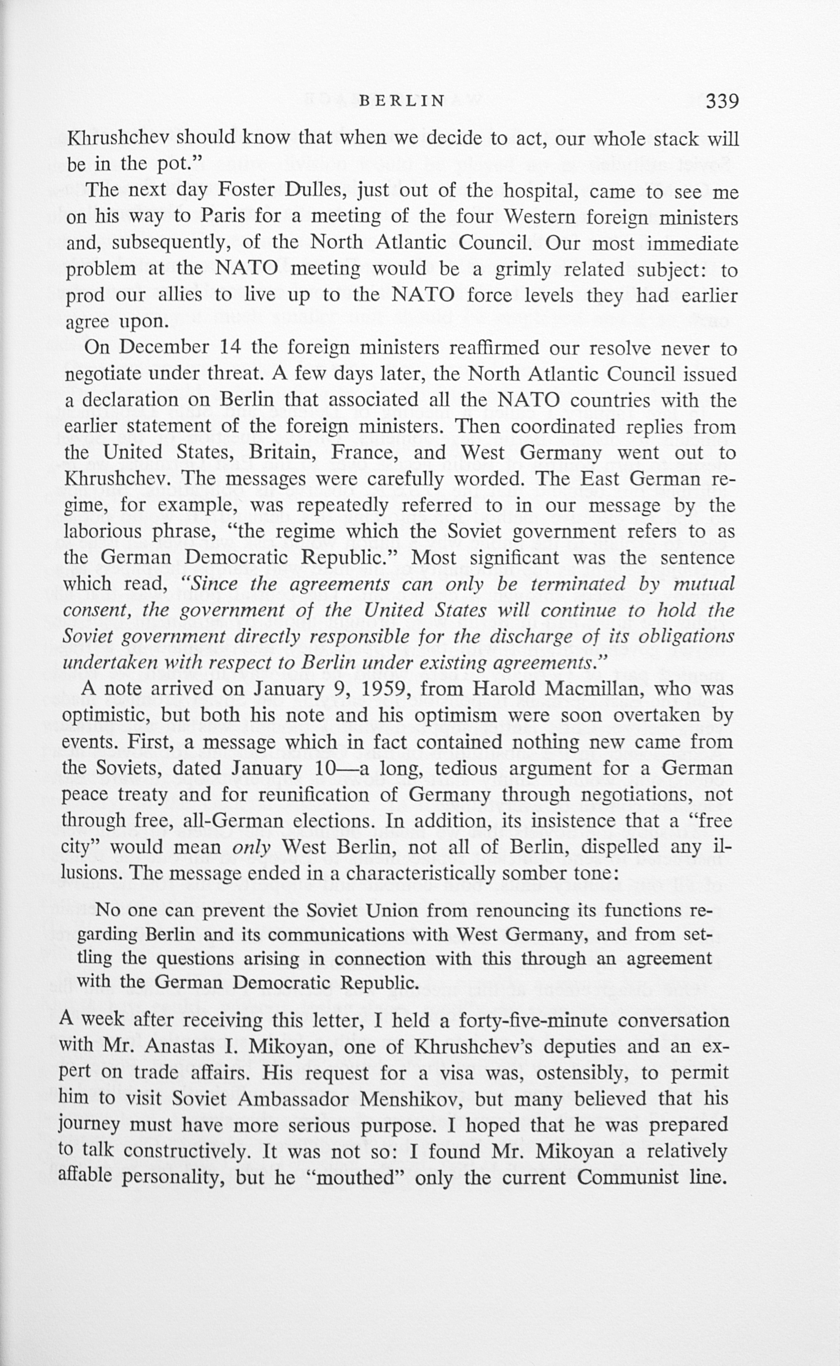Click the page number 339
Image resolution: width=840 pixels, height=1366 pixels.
pyautogui.click(x=722, y=101)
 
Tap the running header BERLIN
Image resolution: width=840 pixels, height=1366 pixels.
pyautogui.click(x=403, y=101)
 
